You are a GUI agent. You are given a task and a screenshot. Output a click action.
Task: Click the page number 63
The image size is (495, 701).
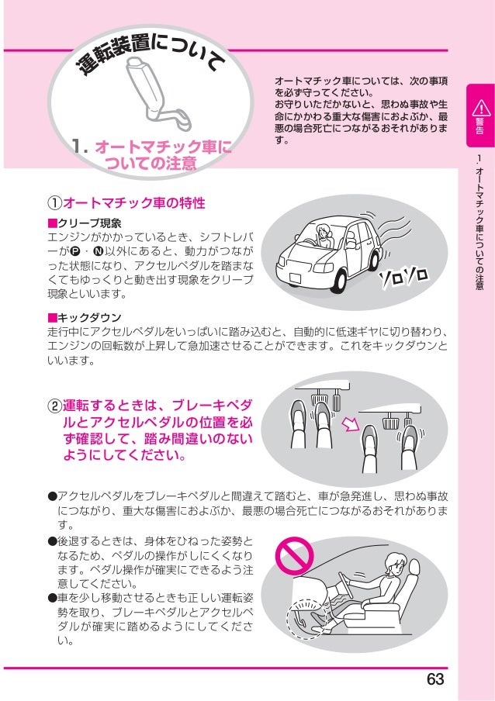435,679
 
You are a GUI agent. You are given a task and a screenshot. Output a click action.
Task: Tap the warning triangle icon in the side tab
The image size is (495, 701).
481,108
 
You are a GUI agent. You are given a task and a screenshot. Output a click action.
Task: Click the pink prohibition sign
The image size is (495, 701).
294,556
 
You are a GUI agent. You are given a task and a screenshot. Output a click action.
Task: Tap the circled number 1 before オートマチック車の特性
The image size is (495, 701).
54,203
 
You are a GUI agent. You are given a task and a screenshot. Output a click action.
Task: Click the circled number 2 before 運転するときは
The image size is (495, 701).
54,406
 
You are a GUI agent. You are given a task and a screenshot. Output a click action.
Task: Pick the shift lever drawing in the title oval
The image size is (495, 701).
154,92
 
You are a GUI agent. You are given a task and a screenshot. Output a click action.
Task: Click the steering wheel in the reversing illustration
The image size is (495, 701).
346,585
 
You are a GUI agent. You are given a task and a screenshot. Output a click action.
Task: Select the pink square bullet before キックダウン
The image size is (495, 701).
52,318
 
